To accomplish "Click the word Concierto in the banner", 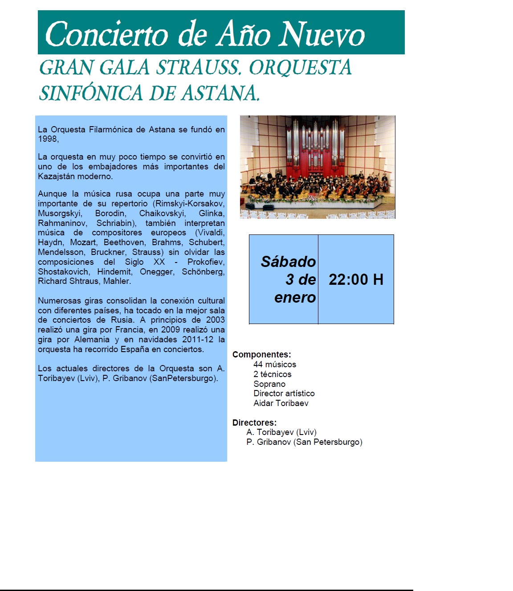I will (106, 34).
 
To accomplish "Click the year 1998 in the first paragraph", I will (48, 139).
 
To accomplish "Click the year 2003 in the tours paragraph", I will (215, 320).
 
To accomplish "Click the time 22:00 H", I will (356, 279).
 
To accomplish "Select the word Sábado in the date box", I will (288, 262).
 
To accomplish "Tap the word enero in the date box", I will (295, 297).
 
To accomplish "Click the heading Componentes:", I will (261, 355).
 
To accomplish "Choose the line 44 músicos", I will (275, 365).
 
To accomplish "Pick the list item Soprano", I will (269, 384).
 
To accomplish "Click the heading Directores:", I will (254, 423).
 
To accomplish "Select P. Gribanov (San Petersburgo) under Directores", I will (304, 442).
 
